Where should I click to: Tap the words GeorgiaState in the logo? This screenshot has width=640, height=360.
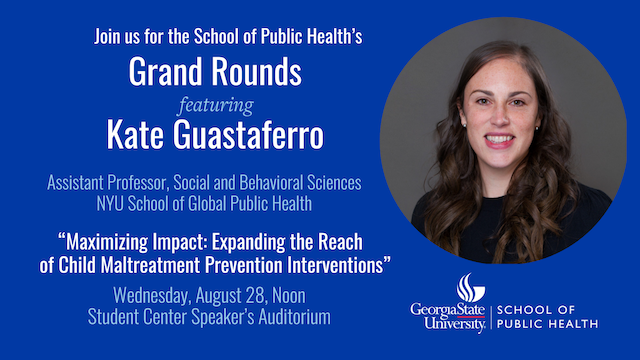pyautogui.click(x=448, y=309)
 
